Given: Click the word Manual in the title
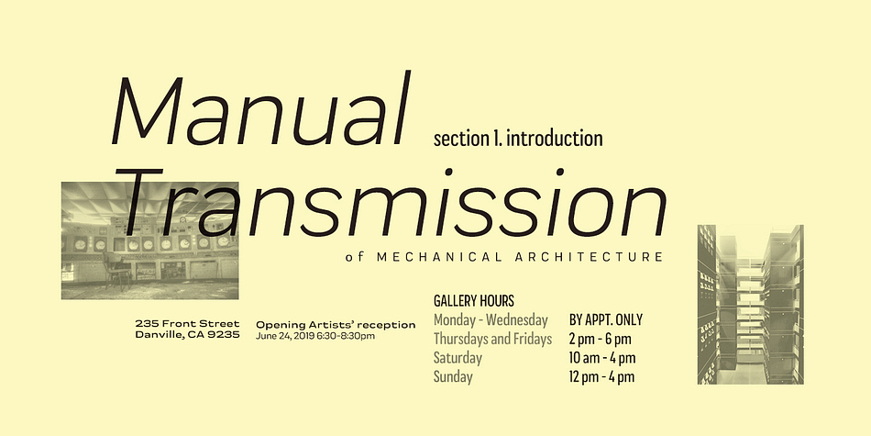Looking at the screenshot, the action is [260, 109].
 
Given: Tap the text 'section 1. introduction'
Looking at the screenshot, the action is [518, 139].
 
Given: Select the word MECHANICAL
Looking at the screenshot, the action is [439, 257].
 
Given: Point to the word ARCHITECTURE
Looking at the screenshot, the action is [590, 257].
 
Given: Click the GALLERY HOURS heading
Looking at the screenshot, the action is [474, 301].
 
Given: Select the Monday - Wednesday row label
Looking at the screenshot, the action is [491, 320].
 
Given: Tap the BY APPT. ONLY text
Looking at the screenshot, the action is [605, 319].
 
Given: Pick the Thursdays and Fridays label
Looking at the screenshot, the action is [492, 339].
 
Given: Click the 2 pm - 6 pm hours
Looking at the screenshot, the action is [600, 340].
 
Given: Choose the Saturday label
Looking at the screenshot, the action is [458, 358].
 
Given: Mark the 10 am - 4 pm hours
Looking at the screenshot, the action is [602, 358].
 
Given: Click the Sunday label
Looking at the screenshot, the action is [453, 376].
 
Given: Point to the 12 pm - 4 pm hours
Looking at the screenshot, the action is [601, 377].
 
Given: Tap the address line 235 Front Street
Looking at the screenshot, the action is [188, 324].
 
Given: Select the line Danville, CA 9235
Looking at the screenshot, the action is [188, 335].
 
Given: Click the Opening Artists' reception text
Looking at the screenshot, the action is [336, 325].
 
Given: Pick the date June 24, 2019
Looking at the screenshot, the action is [285, 336].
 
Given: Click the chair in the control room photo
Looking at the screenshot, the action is [116, 270].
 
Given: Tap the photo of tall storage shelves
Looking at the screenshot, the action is [751, 304].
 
